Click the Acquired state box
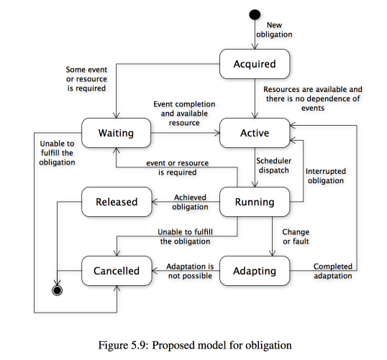tap(255, 64)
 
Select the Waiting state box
tap(117, 133)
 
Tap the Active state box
tap(255, 133)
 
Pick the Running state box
tap(255, 202)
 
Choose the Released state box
tap(117, 202)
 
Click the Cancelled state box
tap(117, 271)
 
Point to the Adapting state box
tap(255, 271)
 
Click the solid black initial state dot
tap(255, 14)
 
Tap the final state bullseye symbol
tap(58, 290)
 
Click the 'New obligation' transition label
tap(274, 29)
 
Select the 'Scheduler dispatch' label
tap(274, 165)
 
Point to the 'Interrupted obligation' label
tap(326, 176)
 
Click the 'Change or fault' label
tap(296, 236)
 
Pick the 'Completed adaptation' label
tap(333, 271)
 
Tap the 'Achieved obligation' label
tap(190, 202)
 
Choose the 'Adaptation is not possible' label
tap(190, 271)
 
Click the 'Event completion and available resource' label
tap(184, 114)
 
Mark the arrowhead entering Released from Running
tap(155, 202)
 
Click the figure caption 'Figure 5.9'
tap(123, 345)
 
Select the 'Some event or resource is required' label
tap(86, 79)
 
